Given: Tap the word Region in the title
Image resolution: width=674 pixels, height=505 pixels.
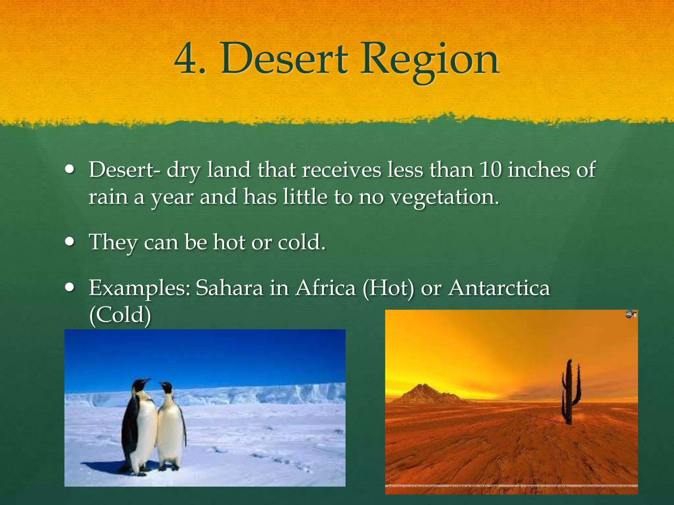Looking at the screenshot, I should (429, 61).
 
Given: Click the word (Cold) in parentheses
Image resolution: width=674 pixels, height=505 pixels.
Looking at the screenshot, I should (120, 315).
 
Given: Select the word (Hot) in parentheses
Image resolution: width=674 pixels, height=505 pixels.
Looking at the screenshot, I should (388, 288).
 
